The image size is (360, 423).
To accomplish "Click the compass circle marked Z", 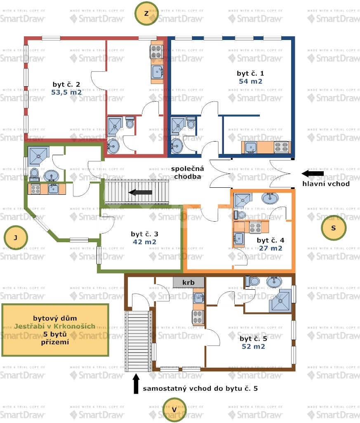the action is point(146,14).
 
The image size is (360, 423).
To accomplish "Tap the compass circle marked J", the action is point(16,238).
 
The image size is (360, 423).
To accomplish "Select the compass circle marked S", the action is point(334,228).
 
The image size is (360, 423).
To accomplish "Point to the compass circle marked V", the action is point(174,410).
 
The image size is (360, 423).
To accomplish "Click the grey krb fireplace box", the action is point(188,282).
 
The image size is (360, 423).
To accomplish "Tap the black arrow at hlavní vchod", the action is point(313,173).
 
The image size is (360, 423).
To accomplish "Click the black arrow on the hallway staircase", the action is point(140,192).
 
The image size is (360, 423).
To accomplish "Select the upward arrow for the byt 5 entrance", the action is point(136,383).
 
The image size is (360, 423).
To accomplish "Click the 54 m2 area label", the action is point(251,81).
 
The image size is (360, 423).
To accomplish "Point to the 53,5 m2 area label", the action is point(66,92).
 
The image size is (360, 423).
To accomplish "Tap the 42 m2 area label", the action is point(145,242).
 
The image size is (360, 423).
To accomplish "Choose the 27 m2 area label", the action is point(271,248).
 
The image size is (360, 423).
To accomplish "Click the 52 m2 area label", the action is point(254,346).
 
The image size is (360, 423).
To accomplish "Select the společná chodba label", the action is point(187,173).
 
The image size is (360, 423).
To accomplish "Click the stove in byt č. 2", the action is point(156,52).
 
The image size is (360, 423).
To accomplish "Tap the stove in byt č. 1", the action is point(281,147).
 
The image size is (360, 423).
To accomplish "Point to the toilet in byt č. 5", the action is point(252,281).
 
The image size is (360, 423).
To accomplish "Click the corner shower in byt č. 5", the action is point(280,300).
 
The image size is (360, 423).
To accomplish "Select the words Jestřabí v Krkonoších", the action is point(55,326).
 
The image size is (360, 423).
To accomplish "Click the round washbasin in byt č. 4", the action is point(270,198).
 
